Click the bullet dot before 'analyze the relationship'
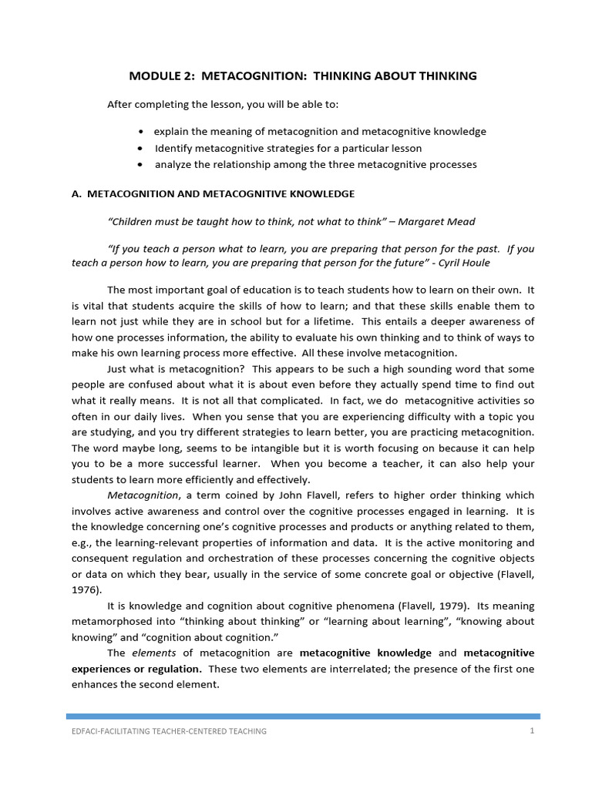(x=140, y=165)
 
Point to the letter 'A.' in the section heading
(x=76, y=193)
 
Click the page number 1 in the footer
(x=532, y=730)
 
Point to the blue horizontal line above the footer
(x=302, y=716)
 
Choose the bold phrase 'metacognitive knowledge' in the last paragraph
(x=365, y=653)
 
